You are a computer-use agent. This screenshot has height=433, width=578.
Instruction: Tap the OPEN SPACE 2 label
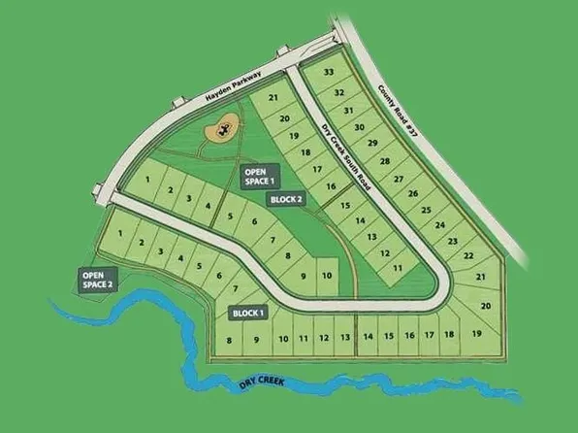pyautogui.click(x=98, y=279)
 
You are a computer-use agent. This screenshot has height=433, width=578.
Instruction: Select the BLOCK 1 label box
pyautogui.click(x=248, y=313)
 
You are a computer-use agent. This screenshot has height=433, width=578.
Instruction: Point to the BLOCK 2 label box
pyautogui.click(x=286, y=199)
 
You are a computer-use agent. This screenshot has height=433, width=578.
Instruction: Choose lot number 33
pyautogui.click(x=330, y=73)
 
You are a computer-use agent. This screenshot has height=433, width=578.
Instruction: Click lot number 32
pyautogui.click(x=339, y=92)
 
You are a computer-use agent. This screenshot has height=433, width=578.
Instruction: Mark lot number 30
pyautogui.click(x=359, y=127)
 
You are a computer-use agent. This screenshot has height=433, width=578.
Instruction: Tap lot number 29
pyautogui.click(x=371, y=144)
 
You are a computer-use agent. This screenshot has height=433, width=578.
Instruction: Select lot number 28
pyautogui.click(x=384, y=161)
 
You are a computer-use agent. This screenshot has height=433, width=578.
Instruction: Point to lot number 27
pyautogui.click(x=398, y=179)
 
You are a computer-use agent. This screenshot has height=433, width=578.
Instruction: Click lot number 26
pyautogui.click(x=413, y=194)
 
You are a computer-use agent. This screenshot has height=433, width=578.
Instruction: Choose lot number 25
pyautogui.click(x=426, y=209)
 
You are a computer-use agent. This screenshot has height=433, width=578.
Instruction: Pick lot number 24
pyautogui.click(x=439, y=224)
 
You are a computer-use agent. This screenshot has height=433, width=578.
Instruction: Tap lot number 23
pyautogui.click(x=452, y=240)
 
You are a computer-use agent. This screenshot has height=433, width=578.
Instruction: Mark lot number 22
pyautogui.click(x=468, y=255)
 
